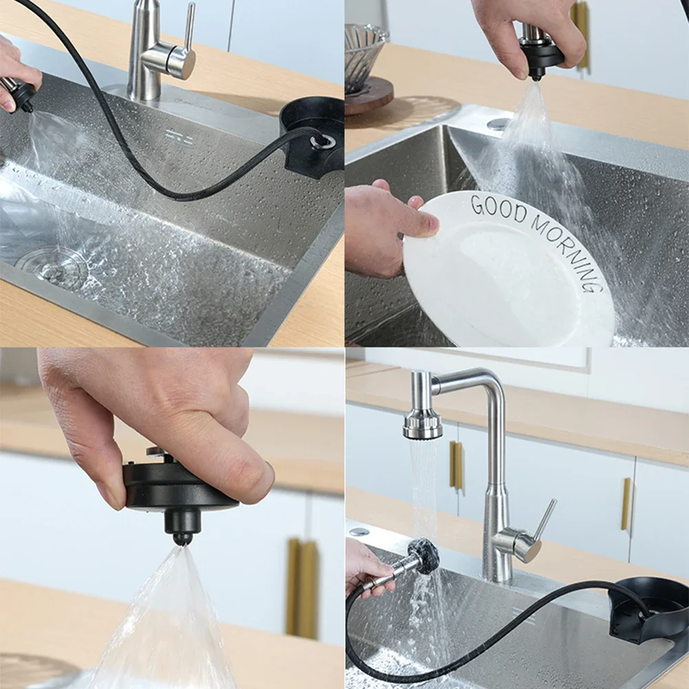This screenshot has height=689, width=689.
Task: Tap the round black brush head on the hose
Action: pos(423,555)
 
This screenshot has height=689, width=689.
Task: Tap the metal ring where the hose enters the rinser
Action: pos(321,141)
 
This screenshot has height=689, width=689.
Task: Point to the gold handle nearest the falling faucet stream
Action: pos(456,465)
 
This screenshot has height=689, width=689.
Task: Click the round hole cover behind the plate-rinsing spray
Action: pos(498,124)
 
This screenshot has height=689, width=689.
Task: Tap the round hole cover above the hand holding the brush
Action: pos(358,532)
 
